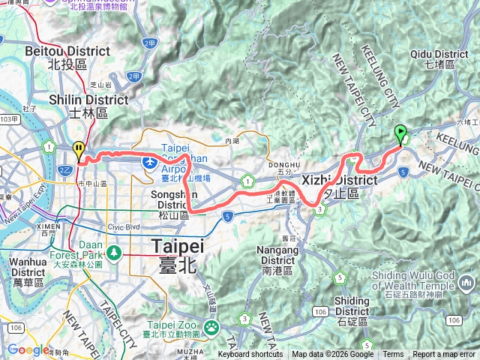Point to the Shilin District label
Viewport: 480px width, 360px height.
click(x=79, y=105)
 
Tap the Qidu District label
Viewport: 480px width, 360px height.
click(x=440, y=59)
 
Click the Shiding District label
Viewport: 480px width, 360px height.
click(x=352, y=306)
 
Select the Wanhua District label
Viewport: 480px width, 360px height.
click(x=28, y=266)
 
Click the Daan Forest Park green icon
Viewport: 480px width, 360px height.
click(x=113, y=252)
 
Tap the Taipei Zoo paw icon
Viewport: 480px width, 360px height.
click(x=211, y=326)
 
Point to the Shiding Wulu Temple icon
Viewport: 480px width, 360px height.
click(x=468, y=282)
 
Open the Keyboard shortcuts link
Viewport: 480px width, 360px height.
click(x=250, y=355)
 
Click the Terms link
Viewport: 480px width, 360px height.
click(x=393, y=355)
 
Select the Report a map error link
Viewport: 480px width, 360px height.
click(x=444, y=355)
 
